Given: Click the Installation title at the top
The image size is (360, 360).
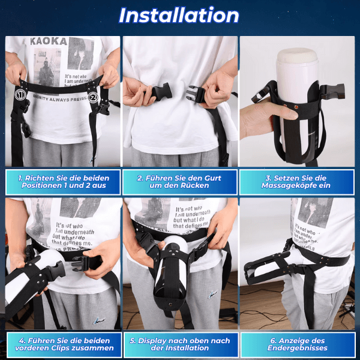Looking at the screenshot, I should (x=179, y=16).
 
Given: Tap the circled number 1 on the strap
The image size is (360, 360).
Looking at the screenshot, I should (x=20, y=94).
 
